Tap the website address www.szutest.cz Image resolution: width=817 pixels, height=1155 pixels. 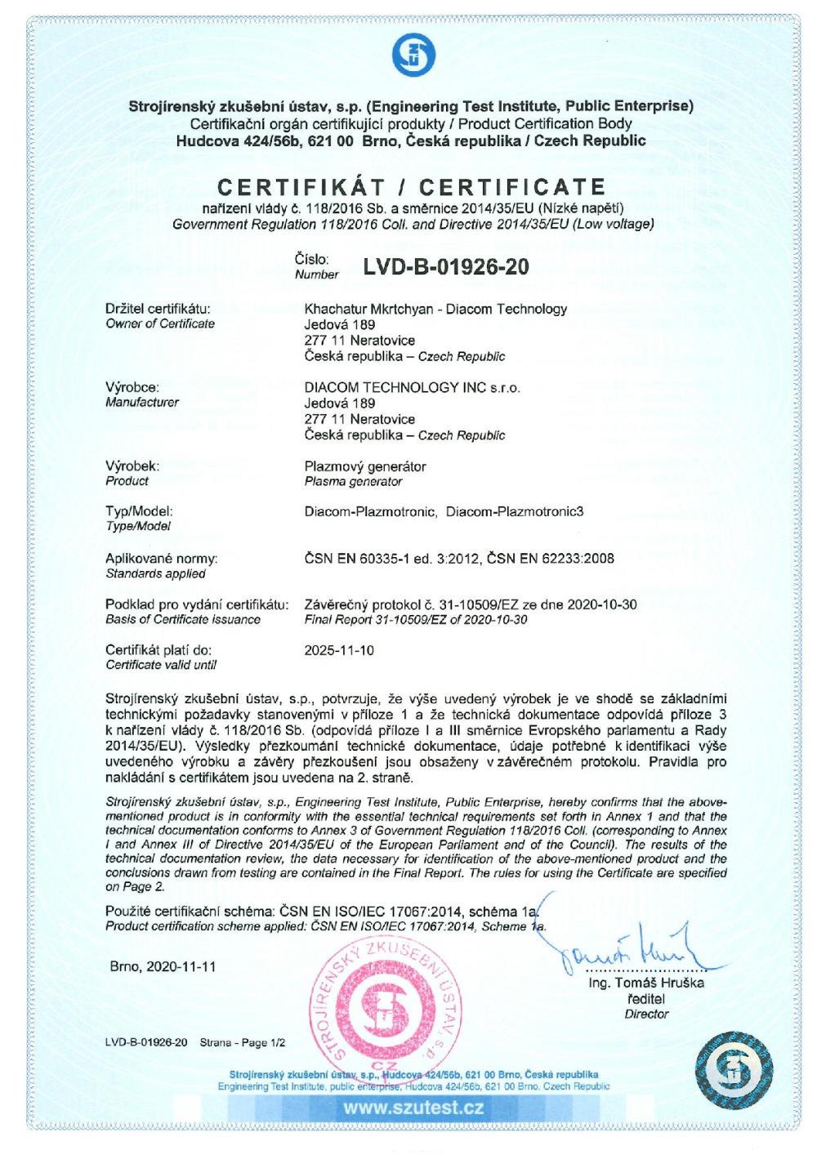point(413,1108)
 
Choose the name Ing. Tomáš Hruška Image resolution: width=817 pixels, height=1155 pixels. point(646,983)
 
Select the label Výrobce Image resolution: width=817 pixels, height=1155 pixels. point(132,387)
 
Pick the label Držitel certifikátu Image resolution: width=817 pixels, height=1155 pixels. point(158,309)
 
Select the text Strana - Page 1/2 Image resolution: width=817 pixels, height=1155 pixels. point(243,1043)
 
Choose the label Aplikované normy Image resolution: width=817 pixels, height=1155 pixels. point(162,559)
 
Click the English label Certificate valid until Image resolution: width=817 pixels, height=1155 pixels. point(156,665)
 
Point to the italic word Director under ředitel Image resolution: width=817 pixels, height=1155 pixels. point(646,1014)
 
